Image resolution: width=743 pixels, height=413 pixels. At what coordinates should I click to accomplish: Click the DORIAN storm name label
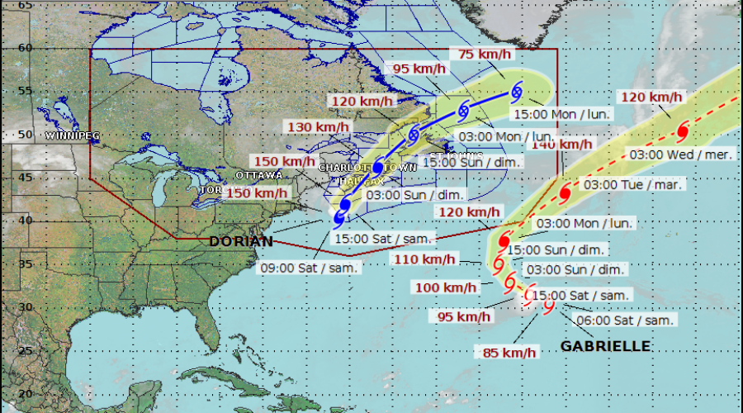[240, 241]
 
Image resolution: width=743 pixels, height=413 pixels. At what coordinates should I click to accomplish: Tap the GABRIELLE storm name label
[605, 346]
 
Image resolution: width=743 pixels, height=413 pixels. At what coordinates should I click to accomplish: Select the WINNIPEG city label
[73, 135]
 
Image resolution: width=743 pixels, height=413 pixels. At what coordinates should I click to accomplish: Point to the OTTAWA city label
[258, 175]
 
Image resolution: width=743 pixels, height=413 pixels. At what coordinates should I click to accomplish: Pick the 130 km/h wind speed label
[312, 127]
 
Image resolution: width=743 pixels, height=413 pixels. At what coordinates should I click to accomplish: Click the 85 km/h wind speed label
[509, 353]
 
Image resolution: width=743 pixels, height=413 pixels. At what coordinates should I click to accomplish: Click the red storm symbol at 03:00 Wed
[683, 131]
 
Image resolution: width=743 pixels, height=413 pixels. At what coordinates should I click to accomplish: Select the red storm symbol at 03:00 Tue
[566, 193]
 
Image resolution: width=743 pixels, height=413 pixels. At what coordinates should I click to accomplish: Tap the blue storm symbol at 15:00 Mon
[517, 91]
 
